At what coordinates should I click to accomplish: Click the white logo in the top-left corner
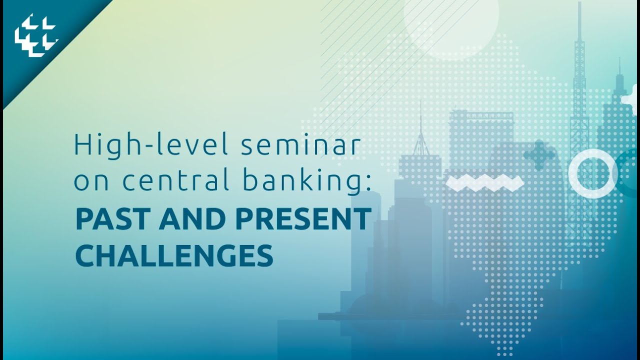[36, 36]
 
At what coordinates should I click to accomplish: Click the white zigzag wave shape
[484, 182]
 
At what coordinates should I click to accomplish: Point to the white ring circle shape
[593, 173]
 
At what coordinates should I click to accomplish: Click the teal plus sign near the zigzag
[539, 155]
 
